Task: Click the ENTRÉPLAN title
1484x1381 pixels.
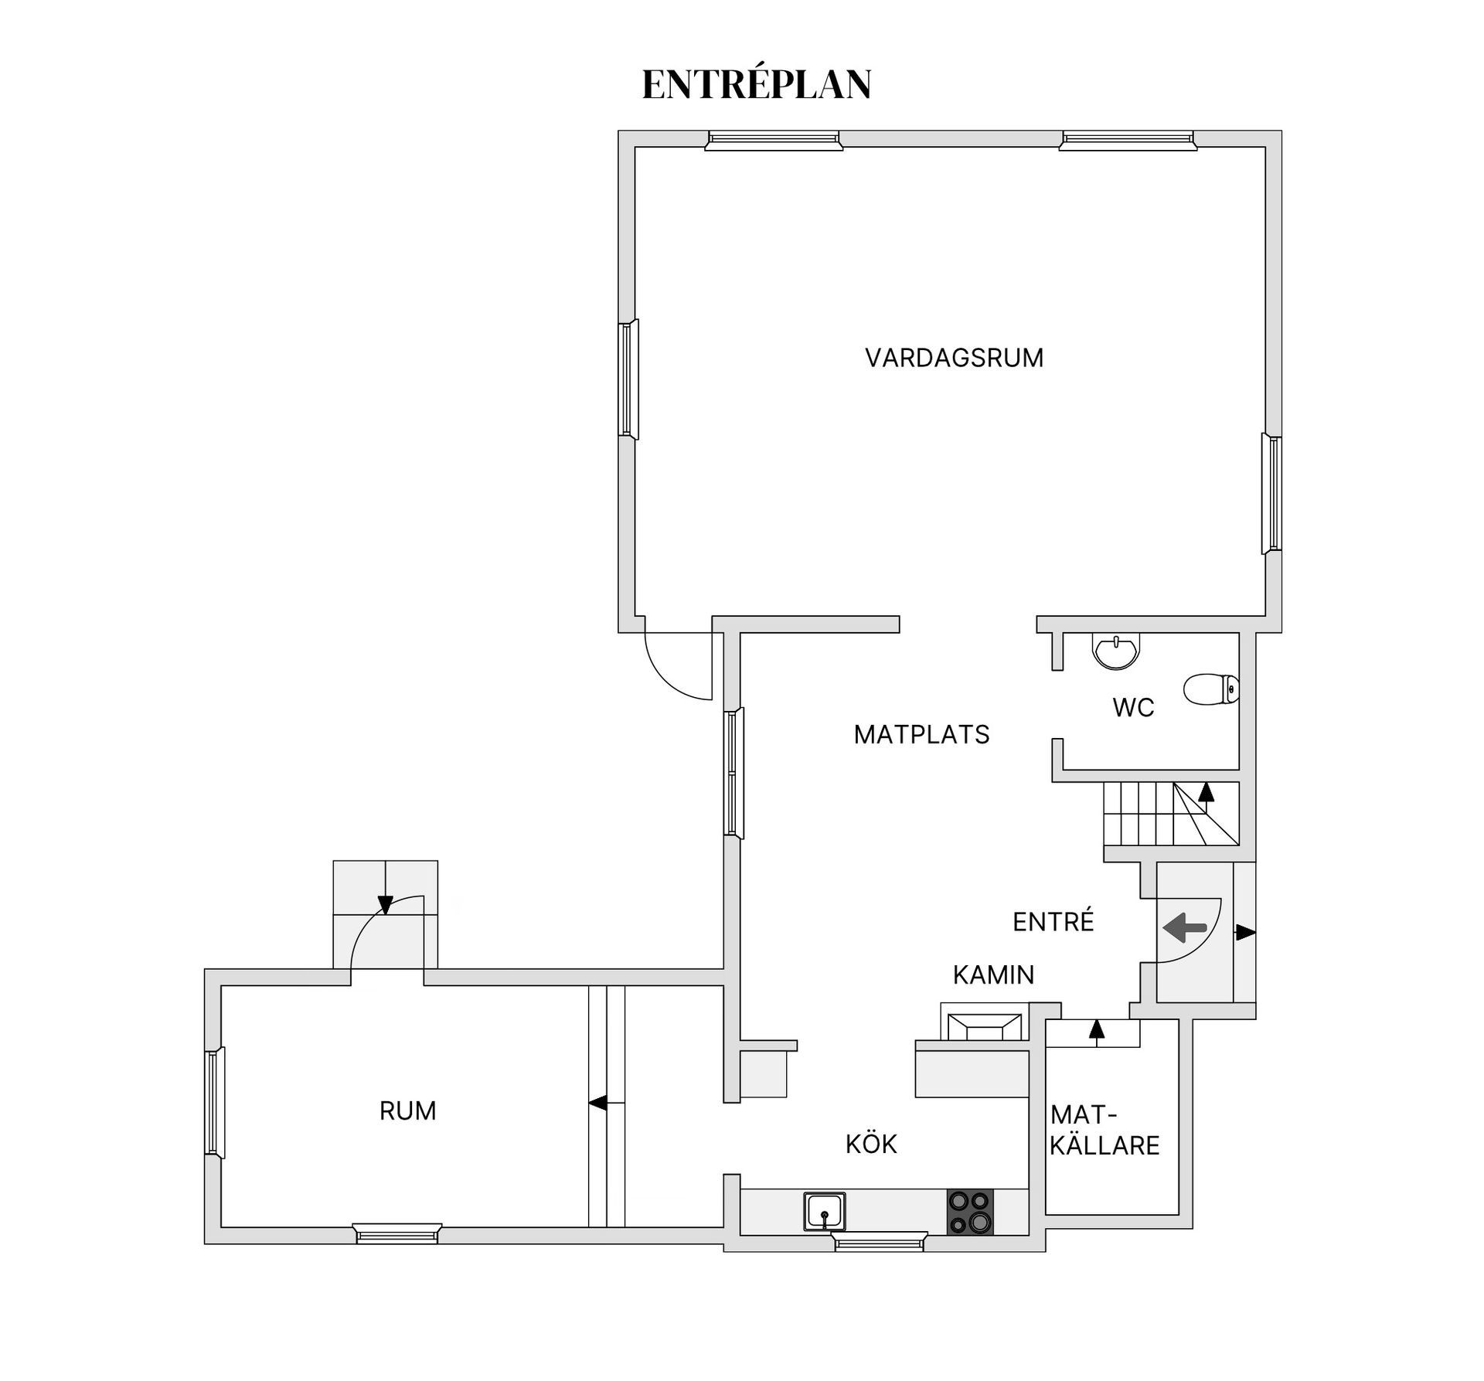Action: point(757,85)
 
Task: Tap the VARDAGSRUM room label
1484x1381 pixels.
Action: point(954,358)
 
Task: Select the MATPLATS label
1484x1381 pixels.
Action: point(921,734)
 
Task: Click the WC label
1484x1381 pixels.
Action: point(1133,707)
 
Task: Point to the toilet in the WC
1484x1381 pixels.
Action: point(1211,689)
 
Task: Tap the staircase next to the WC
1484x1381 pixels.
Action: point(1171,814)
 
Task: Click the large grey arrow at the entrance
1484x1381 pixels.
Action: point(1185,927)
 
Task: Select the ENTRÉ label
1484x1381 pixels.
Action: point(1053,921)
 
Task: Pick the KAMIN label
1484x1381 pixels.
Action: point(993,975)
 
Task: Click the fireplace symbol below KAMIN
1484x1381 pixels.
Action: point(982,1022)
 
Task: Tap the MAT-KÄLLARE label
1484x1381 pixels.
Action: point(1104,1130)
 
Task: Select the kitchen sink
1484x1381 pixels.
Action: point(825,1211)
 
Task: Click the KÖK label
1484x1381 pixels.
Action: point(871,1144)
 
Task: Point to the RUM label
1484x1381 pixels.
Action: point(407,1111)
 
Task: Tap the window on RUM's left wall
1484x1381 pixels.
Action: point(214,1103)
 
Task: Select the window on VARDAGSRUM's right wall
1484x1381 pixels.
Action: point(1271,494)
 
